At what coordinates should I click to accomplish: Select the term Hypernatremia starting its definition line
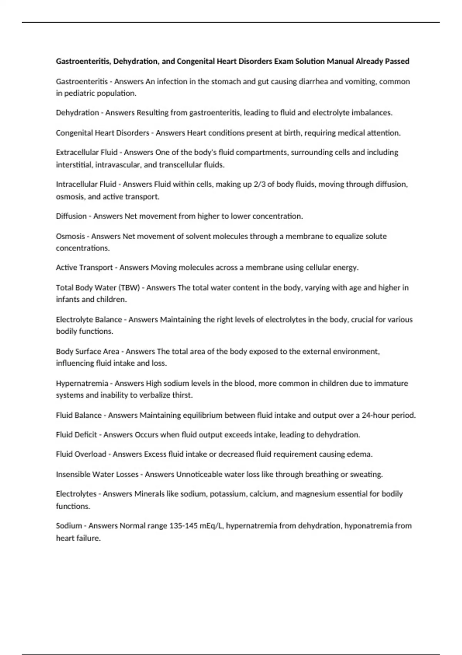(82, 383)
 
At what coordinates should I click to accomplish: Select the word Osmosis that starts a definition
(70, 236)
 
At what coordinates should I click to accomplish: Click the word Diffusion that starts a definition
(71, 216)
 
